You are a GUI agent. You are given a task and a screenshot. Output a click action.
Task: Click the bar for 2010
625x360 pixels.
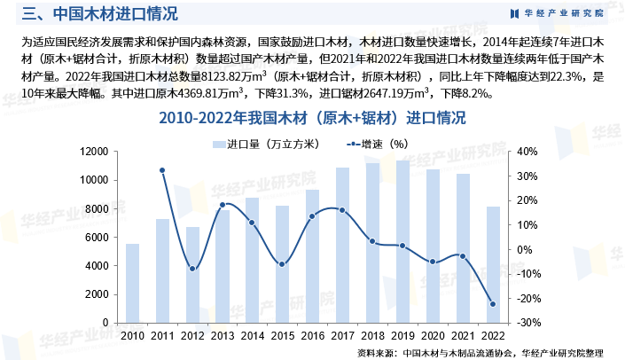click(132, 283)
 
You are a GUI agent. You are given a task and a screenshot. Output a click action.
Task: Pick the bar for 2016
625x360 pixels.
click(312, 256)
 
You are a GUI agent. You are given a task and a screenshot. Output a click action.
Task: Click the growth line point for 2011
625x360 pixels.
click(162, 170)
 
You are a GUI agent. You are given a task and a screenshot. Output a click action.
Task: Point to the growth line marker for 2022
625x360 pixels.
click(493, 304)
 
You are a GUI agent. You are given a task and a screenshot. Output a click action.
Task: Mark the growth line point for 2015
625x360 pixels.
click(282, 264)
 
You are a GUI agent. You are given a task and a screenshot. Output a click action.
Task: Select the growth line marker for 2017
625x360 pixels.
click(342, 210)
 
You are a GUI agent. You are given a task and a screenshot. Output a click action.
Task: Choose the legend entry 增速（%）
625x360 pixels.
click(376, 143)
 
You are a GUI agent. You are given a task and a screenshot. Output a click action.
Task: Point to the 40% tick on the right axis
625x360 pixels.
click(527, 152)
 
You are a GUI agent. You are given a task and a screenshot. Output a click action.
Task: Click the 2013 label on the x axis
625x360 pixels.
click(222, 336)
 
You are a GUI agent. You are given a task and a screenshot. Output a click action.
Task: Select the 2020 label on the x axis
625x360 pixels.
click(433, 336)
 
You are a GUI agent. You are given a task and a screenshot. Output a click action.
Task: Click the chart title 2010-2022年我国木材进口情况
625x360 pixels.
click(312, 119)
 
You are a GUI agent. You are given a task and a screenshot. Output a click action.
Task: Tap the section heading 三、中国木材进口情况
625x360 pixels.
click(98, 13)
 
